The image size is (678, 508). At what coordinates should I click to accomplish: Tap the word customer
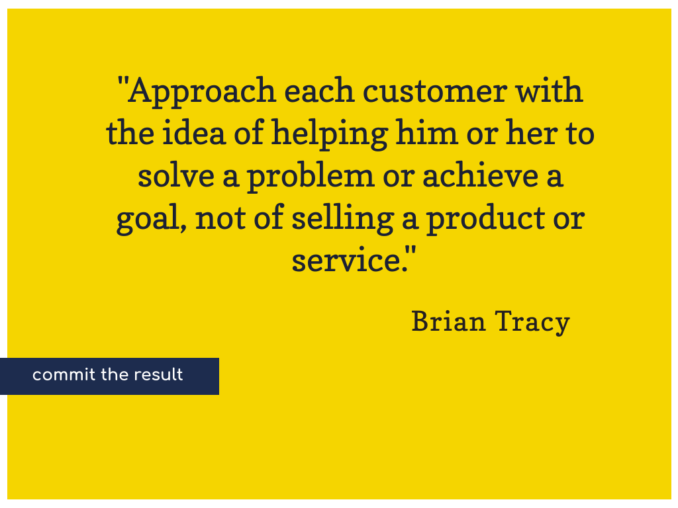434,91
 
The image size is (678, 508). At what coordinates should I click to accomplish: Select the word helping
329,134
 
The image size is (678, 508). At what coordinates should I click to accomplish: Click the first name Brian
448,321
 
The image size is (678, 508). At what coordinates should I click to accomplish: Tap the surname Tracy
532,323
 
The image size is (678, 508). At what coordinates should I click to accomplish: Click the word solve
176,175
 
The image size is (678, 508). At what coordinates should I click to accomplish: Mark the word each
320,90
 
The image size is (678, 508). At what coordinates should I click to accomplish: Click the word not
220,218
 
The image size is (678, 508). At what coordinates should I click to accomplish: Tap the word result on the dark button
158,374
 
